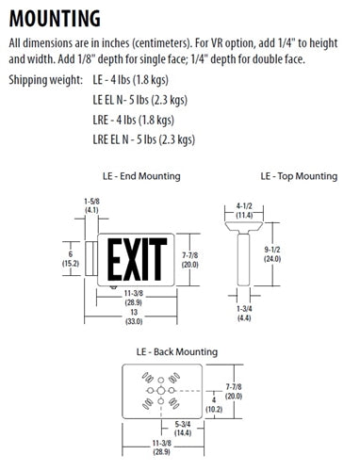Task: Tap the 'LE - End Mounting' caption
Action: click(x=140, y=175)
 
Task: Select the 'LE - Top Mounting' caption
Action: click(x=299, y=175)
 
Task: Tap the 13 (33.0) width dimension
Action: click(x=135, y=317)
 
